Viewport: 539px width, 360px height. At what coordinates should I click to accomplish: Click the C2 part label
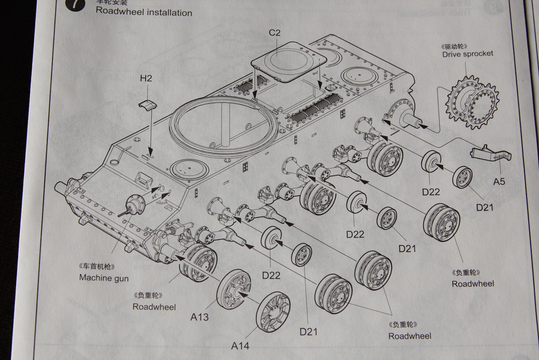[x=274, y=33]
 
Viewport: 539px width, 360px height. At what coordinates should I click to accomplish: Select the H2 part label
[x=146, y=79]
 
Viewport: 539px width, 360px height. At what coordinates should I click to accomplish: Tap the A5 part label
[x=499, y=182]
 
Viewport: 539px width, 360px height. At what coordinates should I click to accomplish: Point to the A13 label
[x=200, y=317]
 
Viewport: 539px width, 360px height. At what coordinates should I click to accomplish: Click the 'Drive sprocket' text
[x=468, y=54]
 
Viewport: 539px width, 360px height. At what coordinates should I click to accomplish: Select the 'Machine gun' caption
[x=104, y=278]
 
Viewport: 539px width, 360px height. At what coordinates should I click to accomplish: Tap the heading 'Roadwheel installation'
[x=144, y=12]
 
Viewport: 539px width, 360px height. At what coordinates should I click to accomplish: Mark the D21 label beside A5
[x=484, y=207]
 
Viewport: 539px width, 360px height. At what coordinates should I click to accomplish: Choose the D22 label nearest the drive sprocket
[x=431, y=191]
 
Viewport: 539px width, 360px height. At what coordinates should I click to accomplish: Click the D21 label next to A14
[x=309, y=331]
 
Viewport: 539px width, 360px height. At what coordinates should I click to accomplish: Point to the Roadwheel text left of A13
[x=154, y=306]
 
